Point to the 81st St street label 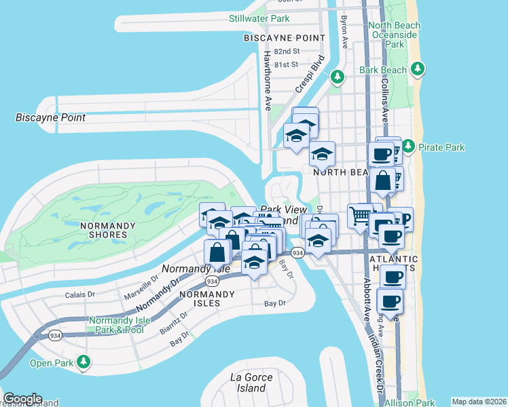(x=287, y=64)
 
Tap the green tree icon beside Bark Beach (x=419, y=69)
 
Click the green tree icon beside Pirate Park (x=408, y=146)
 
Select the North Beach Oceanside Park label (x=394, y=35)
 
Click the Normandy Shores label (x=103, y=230)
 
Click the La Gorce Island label (x=251, y=383)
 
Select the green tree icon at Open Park (x=83, y=362)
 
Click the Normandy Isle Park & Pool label (x=115, y=325)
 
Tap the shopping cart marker (x=359, y=216)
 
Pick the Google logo (x=22, y=399)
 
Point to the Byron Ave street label (x=345, y=32)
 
